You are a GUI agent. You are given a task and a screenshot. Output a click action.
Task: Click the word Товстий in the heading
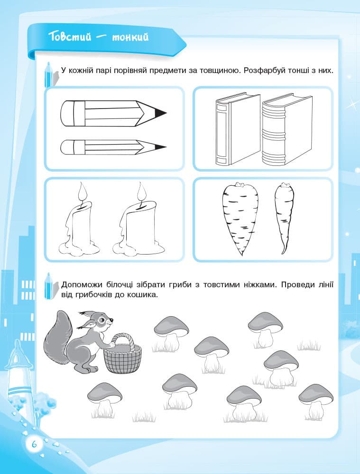point(70,37)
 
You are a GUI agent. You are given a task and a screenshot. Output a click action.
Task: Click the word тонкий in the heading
point(130,37)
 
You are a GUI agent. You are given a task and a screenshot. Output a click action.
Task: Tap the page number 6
point(34,444)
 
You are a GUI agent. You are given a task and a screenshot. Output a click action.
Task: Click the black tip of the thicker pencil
point(160,113)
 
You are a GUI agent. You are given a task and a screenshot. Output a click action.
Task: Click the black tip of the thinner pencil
point(160,147)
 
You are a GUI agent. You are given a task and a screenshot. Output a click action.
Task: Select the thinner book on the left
point(238,129)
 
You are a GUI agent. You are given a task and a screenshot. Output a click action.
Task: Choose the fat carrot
point(240,219)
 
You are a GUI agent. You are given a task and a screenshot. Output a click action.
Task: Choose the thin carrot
point(285,218)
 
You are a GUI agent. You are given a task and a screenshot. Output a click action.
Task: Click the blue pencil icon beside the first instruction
point(48,75)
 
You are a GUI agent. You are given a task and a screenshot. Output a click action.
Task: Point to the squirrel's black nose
point(112,319)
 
